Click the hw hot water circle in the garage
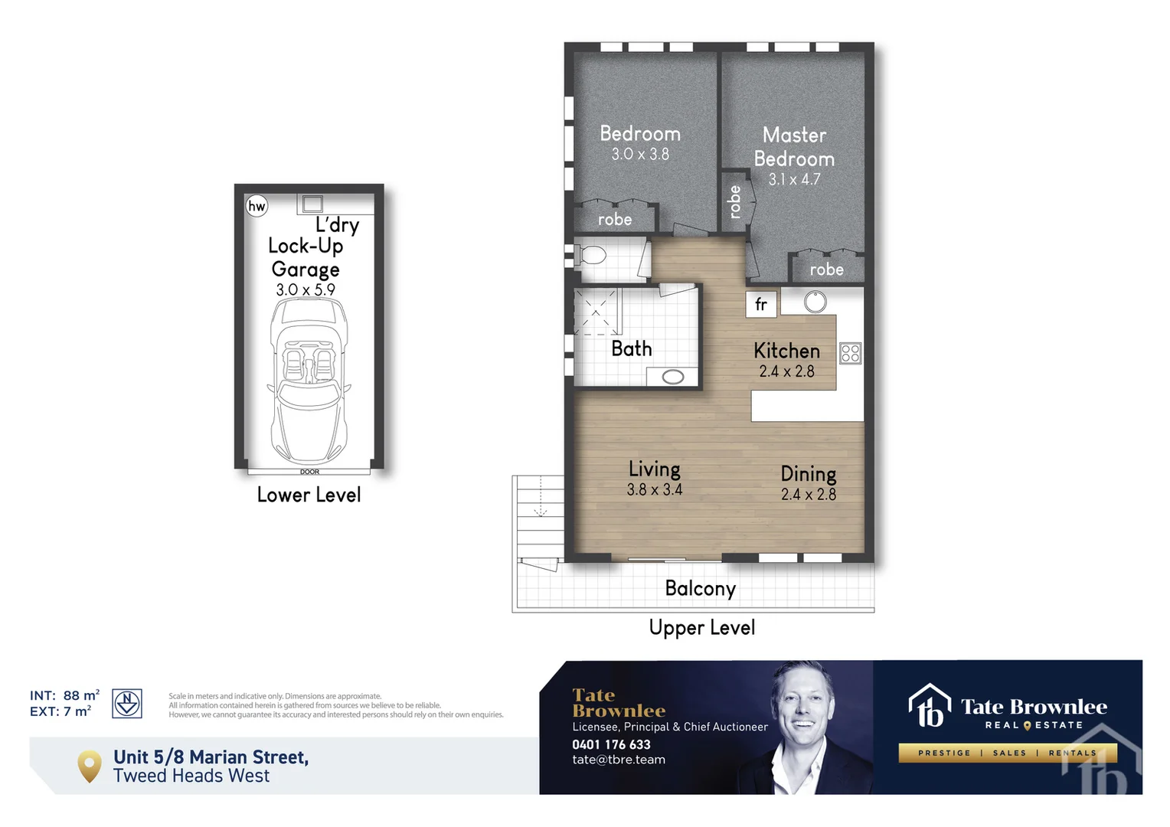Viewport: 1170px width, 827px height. coord(257,206)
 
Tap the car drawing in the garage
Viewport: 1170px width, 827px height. coord(309,381)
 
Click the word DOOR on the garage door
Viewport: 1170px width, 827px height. coord(309,472)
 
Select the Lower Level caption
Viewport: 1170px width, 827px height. coord(309,495)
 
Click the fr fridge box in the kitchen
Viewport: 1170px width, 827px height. coord(761,303)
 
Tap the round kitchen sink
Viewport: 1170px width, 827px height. coord(815,302)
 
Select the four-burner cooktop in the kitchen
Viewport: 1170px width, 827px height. coord(851,353)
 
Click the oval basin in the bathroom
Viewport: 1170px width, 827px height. coord(673,377)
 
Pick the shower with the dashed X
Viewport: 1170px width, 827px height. coord(596,312)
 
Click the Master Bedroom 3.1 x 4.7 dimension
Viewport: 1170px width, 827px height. coord(794,180)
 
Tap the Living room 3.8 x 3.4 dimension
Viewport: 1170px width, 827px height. coord(655,489)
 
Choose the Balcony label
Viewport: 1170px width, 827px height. coord(701,589)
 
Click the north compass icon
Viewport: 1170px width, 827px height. coord(127,703)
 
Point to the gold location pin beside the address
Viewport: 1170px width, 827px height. coord(90,767)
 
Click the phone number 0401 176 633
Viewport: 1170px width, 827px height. coord(611,744)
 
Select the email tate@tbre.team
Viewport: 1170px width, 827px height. coord(619,760)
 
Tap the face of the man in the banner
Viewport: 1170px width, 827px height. coord(802,706)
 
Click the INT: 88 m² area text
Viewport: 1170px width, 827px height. coord(65,695)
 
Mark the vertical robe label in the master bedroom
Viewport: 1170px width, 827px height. coord(735,201)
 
